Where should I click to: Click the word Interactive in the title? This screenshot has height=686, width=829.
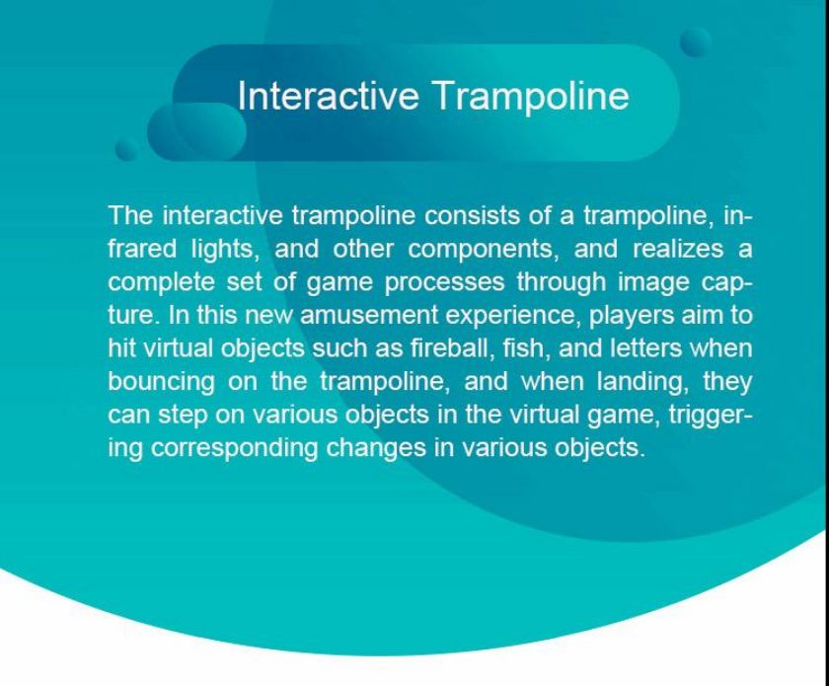pos(329,96)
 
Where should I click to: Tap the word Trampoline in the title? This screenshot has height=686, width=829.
pos(532,96)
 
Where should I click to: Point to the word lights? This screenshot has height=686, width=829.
pos(225,250)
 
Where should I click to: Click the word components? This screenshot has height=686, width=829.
pos(484,250)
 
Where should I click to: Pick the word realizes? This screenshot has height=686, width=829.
pos(678,249)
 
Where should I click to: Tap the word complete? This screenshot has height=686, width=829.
pos(161,282)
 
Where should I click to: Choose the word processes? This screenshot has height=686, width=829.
pos(445,283)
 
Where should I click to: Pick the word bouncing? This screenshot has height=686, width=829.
pos(161,382)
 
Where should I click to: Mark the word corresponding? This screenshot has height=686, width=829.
pos(234,448)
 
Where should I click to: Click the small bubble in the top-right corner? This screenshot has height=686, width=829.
pos(695,42)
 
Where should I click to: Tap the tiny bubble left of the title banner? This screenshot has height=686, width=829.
pos(126,150)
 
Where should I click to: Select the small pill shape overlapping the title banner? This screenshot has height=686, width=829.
pos(196,131)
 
